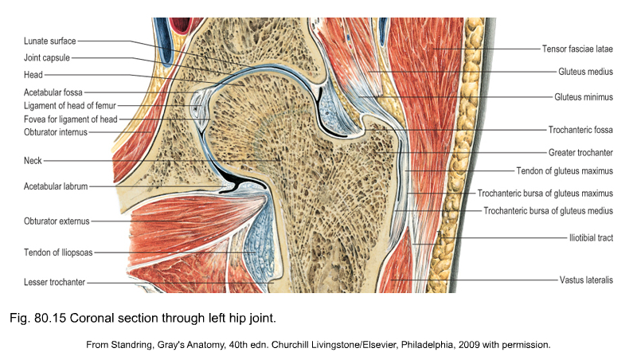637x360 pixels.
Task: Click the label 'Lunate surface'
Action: pos(49,41)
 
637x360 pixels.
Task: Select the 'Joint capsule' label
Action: pos(47,57)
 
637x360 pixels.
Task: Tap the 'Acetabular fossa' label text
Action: pos(53,92)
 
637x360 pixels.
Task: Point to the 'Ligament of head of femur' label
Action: pos(70,106)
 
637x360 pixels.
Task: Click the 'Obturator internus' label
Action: pos(55,132)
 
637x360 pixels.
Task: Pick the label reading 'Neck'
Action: pos(33,161)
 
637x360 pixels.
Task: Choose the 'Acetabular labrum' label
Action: pos(56,186)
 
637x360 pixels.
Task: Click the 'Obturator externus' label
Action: pos(57,221)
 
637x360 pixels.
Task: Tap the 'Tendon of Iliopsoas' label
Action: pos(58,252)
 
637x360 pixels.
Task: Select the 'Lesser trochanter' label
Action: pos(54,282)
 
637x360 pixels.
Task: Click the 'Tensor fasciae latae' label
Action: pos(577,49)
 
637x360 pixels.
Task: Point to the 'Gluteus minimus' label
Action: pos(584,97)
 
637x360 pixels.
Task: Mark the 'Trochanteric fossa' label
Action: pos(580,130)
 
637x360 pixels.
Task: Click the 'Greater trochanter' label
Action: pos(580,153)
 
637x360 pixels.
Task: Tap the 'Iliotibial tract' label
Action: pos(591,237)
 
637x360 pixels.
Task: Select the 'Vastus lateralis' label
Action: pos(586,280)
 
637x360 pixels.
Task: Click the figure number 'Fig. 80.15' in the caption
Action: pos(37,318)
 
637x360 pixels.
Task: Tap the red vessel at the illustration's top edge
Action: pos(181,25)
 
